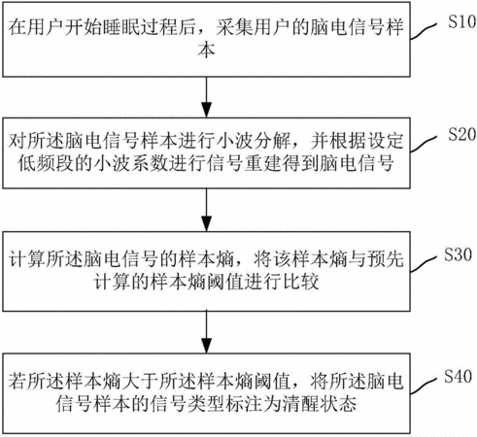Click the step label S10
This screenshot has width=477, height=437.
pos(462,22)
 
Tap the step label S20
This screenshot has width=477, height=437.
pos(462,134)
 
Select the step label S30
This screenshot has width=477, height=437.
pos(458,254)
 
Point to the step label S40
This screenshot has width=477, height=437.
pos(458,376)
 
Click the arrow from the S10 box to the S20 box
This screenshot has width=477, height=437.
pos(206,97)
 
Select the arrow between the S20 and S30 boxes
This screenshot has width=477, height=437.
pos(206,210)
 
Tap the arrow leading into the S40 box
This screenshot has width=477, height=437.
pos(206,332)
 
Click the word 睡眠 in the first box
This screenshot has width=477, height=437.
pos(120,27)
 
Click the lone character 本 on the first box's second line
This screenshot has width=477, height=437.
pos(206,50)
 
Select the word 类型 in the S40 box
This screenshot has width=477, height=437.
pos(206,403)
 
